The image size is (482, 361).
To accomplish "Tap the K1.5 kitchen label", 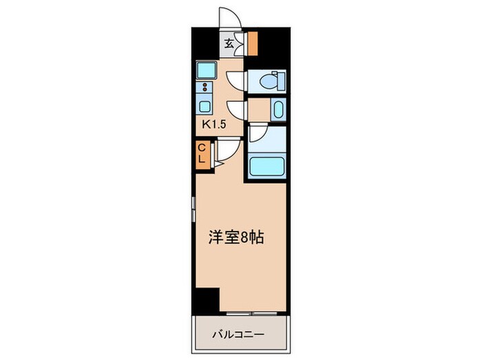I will tap(214, 125).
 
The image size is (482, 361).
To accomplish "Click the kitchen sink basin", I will tap(205, 107).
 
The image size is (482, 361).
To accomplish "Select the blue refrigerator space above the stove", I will tap(206, 70).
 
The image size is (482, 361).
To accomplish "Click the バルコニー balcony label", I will tap(238, 336).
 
